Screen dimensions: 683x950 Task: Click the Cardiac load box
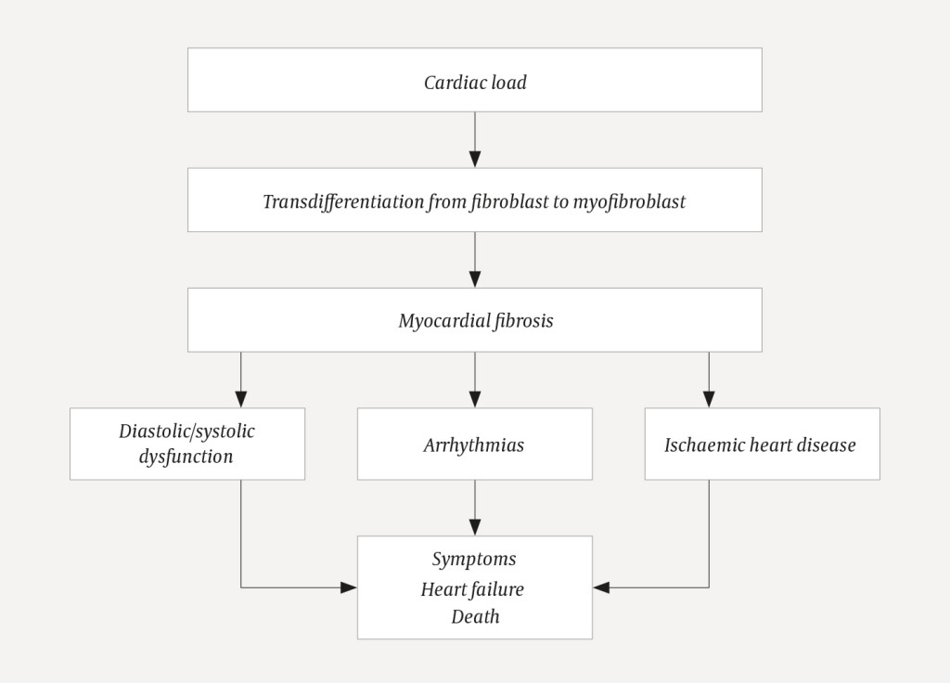(x=475, y=81)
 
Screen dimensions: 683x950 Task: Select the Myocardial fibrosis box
(x=475, y=320)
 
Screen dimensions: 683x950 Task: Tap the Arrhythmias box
(x=475, y=445)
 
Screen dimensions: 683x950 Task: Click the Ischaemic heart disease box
(x=761, y=445)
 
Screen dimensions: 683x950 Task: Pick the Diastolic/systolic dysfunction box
(x=186, y=444)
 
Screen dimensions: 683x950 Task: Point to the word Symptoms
(x=474, y=559)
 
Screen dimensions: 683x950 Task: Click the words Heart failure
(x=472, y=588)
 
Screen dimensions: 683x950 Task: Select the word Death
(x=475, y=616)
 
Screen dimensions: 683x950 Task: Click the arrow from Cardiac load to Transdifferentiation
(x=475, y=139)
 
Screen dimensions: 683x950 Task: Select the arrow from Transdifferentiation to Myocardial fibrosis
(x=475, y=259)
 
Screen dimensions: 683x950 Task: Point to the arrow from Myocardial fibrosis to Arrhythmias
(x=475, y=380)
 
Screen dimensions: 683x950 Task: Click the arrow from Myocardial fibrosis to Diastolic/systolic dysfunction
(x=241, y=380)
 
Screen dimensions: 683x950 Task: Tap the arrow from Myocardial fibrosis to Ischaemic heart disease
(x=709, y=380)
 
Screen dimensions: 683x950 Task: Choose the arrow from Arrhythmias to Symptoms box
(x=475, y=508)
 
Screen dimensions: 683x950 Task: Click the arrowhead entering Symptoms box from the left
(x=349, y=587)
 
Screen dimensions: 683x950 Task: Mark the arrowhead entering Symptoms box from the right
(x=601, y=587)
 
